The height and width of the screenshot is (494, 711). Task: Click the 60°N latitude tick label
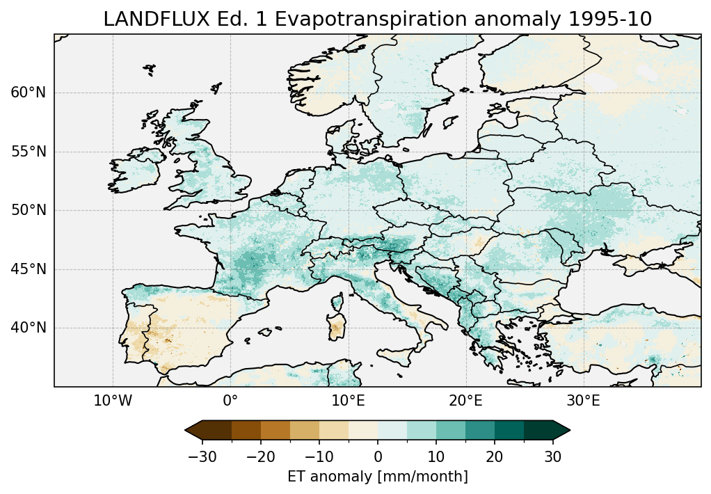(29, 93)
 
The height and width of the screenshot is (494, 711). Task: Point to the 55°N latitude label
(29, 152)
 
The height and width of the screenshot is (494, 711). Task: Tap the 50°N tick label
(29, 210)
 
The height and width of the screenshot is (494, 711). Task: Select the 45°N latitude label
(29, 269)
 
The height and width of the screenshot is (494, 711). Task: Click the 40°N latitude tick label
(29, 328)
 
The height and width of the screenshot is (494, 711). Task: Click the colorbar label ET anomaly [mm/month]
(378, 477)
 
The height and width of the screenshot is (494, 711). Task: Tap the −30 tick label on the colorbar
(202, 456)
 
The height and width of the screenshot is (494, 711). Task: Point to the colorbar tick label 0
(378, 456)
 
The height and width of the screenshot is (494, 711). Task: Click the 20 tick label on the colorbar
(495, 456)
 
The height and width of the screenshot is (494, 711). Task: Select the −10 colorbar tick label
(319, 456)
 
